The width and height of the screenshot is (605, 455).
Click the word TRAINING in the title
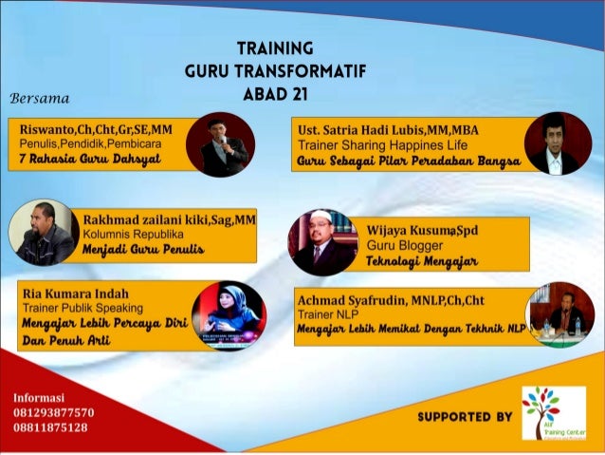pos(275,47)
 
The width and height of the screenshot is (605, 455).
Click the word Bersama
pos(39,98)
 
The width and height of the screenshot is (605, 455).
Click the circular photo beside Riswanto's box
pos(220,144)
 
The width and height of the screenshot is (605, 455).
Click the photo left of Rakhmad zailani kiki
pos(44,232)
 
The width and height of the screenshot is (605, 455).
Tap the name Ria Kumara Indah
pos(75,294)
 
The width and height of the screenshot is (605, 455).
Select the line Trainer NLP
pos(325,313)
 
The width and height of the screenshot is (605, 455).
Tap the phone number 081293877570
pos(54,412)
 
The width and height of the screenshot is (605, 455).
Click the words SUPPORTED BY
pos(465,416)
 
